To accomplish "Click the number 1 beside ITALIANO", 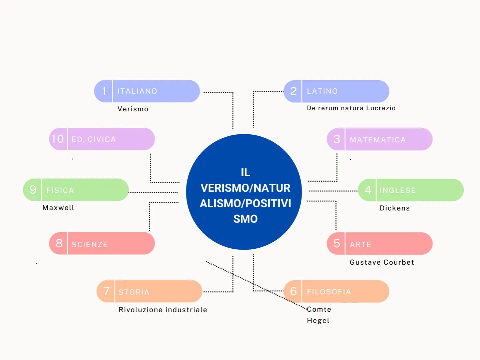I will click(x=104, y=91).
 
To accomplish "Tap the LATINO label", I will click(x=322, y=91).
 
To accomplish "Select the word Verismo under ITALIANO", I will click(x=133, y=109).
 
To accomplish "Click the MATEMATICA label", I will click(x=378, y=140).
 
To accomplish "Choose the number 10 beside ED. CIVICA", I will click(x=57, y=139).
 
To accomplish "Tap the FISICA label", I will click(x=60, y=190).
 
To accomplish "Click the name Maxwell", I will click(x=58, y=208).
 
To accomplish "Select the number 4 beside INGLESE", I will click(x=368, y=190).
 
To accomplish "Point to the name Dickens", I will click(x=395, y=208).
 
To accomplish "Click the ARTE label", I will click(x=360, y=244).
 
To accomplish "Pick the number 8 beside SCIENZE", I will click(x=59, y=243).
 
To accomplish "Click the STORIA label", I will click(x=134, y=292).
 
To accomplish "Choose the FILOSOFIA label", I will click(x=329, y=292).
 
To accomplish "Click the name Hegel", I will click(x=318, y=321).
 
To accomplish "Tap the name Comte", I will click(x=319, y=309).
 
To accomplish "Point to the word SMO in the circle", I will click(x=246, y=219).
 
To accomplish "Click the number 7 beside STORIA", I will click(x=106, y=291).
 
